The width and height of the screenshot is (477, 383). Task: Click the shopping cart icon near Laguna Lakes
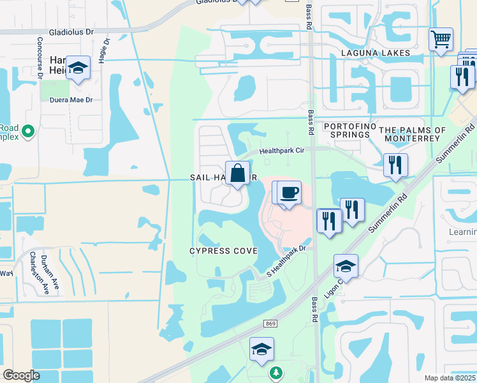click(x=441, y=40)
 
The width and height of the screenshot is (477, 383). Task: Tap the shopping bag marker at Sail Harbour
click(x=237, y=173)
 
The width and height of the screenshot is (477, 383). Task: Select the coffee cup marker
click(x=289, y=192)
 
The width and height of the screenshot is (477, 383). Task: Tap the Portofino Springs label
click(x=347, y=131)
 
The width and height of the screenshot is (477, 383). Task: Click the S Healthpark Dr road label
click(x=287, y=261)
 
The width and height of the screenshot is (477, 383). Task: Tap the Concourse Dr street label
click(x=40, y=57)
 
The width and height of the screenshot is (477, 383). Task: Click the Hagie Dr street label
click(x=103, y=50)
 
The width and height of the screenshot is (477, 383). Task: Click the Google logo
click(x=21, y=375)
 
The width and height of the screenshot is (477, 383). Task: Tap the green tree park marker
click(x=275, y=372)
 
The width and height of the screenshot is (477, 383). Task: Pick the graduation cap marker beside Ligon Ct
click(x=346, y=266)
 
